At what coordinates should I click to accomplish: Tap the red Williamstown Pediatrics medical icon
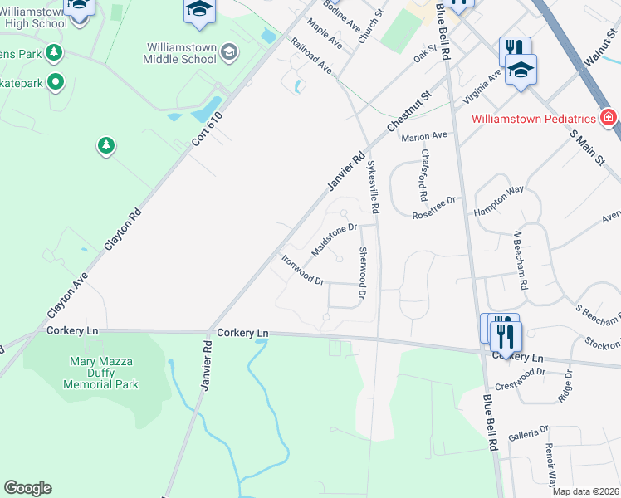608,118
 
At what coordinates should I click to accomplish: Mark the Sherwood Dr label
362,272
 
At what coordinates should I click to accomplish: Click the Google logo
27,488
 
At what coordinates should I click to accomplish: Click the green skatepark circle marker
56,81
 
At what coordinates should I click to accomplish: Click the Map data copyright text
585,491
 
